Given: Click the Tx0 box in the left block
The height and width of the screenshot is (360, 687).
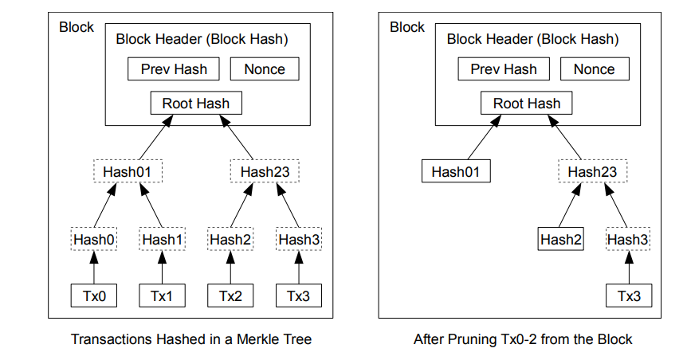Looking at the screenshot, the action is pos(94,295).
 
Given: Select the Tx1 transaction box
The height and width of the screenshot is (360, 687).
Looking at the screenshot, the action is pos(162,295).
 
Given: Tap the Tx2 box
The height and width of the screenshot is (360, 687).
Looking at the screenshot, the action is pos(230,295).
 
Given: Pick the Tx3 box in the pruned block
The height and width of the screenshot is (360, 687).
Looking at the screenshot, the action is pos(629,295).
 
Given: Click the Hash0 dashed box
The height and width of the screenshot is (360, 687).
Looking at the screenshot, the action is pos(94,239).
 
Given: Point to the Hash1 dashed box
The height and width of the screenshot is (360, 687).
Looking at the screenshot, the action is pos(162,239).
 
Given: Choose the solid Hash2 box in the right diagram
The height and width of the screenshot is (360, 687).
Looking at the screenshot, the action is pos(561,239).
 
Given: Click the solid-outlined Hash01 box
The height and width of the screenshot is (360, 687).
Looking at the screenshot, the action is pos(456,171).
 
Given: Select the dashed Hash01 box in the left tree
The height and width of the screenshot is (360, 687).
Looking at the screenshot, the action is pos(128,171).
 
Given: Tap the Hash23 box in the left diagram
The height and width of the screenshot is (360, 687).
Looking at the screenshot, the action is pos(265,171).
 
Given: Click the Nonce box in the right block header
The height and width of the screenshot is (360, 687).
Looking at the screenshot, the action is pos(595,68).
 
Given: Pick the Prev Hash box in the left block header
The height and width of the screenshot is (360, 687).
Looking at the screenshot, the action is pos(174,68).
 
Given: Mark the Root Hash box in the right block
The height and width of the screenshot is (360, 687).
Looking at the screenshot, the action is pos(527,103).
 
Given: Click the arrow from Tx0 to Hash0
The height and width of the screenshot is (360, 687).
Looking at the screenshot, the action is pos(94,268).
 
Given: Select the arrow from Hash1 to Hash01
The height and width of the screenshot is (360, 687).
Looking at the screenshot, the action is pos(151,205).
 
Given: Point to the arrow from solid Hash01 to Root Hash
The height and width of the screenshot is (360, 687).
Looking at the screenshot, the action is pos(484,137).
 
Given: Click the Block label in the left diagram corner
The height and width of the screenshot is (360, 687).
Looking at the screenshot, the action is pos(77,27).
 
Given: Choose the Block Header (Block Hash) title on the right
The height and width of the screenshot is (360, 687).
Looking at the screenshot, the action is pos(532,39).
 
